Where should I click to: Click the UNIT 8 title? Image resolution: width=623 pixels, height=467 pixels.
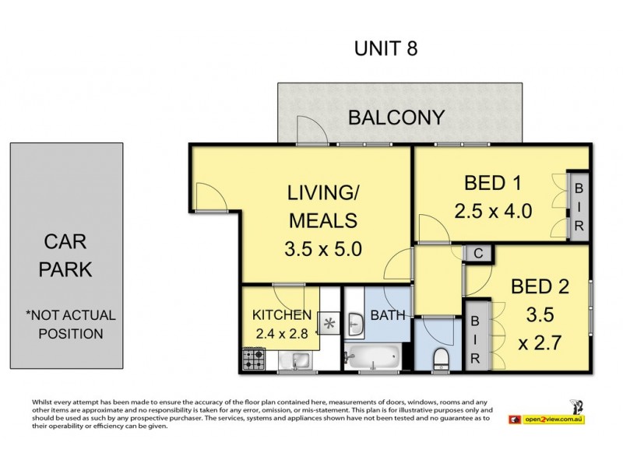(x=385, y=48)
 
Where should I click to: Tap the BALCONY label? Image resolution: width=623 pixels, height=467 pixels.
(x=396, y=118)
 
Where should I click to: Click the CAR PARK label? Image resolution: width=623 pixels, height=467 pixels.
(x=65, y=255)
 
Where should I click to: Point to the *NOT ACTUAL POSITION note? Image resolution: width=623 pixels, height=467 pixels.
(x=71, y=325)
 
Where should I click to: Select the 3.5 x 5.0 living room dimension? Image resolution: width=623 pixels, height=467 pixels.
(x=323, y=249)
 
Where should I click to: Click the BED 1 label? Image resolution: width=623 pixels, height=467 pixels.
(x=492, y=183)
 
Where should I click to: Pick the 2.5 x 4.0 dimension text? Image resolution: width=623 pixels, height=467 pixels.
(x=493, y=211)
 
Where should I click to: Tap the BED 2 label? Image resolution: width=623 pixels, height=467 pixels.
(x=540, y=286)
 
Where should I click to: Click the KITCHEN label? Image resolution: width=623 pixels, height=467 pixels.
(x=282, y=315)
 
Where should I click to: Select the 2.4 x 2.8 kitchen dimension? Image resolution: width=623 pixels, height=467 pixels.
(x=282, y=333)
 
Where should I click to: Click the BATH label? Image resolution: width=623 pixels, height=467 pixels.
(x=387, y=315)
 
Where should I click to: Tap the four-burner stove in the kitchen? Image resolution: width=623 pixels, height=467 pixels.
(x=254, y=359)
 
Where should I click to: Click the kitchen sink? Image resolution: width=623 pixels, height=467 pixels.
(x=294, y=360)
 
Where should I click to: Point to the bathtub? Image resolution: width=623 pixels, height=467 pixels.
(x=373, y=356)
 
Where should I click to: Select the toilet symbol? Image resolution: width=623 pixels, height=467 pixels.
(x=440, y=359)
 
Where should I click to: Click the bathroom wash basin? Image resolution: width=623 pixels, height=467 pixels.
(x=355, y=324)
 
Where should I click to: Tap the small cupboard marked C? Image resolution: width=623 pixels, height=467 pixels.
(x=478, y=254)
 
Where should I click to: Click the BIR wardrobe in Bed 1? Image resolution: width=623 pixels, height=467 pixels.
(x=579, y=206)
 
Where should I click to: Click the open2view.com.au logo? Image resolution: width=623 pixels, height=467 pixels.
(x=547, y=419)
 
